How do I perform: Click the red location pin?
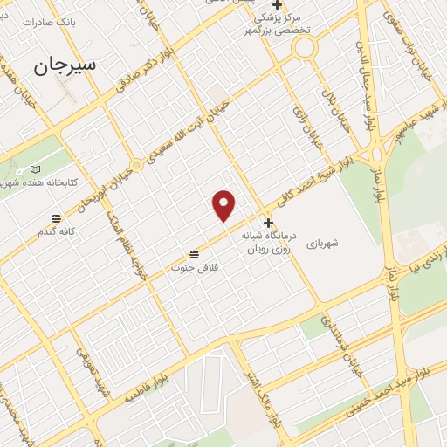click(x=224, y=205)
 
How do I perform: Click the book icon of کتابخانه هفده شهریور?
click(x=35, y=169)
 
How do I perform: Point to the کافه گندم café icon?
click(x=57, y=218)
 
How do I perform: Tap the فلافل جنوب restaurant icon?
click(x=194, y=254)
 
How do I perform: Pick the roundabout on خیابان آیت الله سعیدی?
click(x=136, y=165)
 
